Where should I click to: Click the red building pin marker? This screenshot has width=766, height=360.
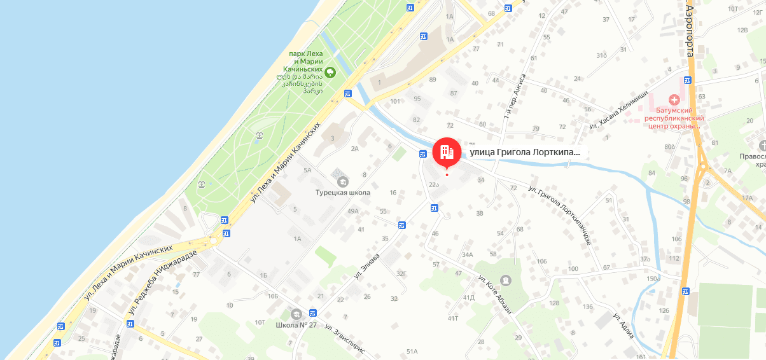coord(447,152)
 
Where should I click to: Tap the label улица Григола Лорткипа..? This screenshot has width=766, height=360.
coord(525,153)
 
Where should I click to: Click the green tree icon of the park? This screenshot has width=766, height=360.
coord(330,70)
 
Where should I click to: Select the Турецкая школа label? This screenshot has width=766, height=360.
coord(343,192)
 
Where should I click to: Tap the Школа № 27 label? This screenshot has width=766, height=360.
coord(296,325)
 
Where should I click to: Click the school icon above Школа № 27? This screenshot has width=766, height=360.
coord(296,314)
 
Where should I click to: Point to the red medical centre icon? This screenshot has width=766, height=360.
coord(674,100)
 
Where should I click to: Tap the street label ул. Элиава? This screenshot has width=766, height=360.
coord(367,268)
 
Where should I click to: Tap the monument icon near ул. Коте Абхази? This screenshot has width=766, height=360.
coord(505,280)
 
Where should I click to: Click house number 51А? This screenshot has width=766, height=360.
coord(412,351)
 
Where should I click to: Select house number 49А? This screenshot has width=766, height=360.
coord(354,211)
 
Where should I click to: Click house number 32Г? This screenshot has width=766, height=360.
coord(401,273)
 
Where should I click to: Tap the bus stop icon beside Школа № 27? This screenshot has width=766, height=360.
coord(312,313)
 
